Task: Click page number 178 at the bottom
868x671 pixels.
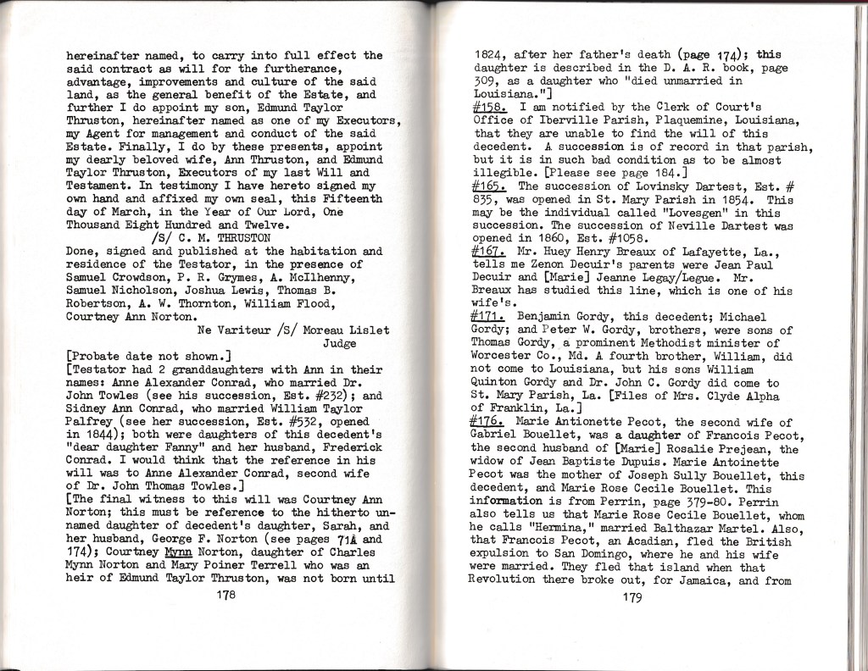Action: pos(225,596)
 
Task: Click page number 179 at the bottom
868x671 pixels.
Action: pos(631,596)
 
